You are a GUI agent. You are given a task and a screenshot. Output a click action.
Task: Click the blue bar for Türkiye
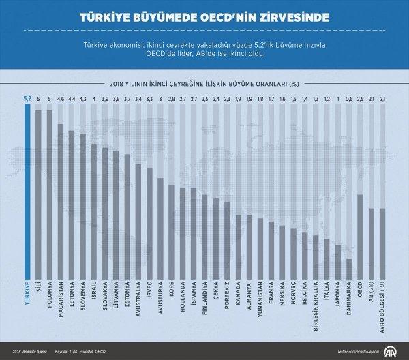click(x=27, y=191)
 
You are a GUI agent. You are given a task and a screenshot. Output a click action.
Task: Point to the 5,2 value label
click(x=27, y=99)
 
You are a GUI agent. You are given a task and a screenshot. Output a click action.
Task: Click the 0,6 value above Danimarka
click(x=350, y=99)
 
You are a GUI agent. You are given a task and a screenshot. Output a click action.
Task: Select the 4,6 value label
click(x=61, y=99)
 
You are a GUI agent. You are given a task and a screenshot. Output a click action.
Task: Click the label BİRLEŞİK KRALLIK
click(x=316, y=305)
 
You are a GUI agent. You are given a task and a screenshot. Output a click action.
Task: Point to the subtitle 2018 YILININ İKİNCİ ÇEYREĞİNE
click(x=204, y=84)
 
